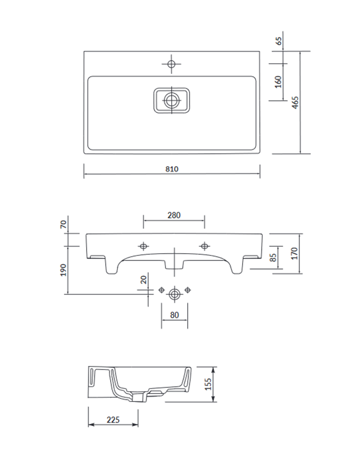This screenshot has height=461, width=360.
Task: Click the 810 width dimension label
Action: coord(172,169)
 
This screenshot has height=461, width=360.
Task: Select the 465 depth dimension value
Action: coord(295,102)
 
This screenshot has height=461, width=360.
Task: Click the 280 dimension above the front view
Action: coord(174,215)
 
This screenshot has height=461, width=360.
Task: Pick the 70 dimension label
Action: coord(64,224)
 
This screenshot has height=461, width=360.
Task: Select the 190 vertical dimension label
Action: coord(64,269)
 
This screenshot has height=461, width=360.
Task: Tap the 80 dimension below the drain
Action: coord(174,315)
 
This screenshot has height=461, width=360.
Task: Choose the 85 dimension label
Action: coord(272,257)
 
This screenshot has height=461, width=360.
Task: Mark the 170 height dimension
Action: coord(295,253)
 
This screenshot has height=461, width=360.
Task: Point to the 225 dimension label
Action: coord(113,419)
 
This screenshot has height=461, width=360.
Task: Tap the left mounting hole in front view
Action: coord(143,245)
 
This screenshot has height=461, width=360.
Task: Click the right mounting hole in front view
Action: coord(204,245)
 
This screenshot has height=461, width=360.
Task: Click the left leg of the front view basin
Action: coord(111,266)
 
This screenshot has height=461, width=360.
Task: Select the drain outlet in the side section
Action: coord(138,397)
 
